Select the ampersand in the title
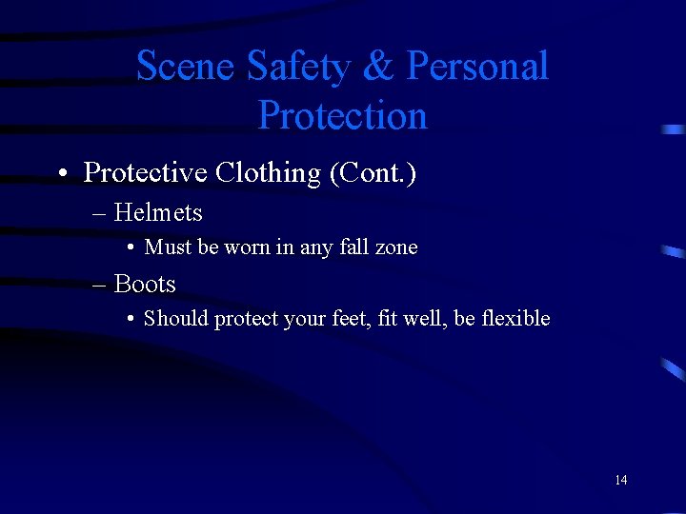point(379,67)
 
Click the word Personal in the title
point(477,67)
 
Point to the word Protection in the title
point(342,116)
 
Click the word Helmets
point(158,212)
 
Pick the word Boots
point(145,284)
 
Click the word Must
point(169,247)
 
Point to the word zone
point(396,247)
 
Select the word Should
point(176,319)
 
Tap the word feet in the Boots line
point(346,319)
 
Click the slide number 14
point(620,480)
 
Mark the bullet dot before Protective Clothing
point(61,174)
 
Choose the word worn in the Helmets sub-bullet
point(247,247)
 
